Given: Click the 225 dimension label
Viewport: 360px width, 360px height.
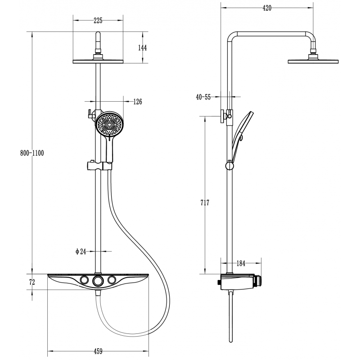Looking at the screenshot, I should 98,20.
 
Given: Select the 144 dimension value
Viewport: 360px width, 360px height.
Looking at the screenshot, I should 143,48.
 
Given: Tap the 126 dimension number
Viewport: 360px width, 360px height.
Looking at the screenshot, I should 137,102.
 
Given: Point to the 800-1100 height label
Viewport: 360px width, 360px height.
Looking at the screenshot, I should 32,153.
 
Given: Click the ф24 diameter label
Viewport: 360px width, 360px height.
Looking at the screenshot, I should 81,252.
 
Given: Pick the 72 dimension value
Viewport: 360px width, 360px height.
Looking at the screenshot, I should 32,282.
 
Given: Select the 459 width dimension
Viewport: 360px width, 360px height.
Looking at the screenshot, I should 98,351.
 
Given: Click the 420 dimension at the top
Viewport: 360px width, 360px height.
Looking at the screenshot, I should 267,9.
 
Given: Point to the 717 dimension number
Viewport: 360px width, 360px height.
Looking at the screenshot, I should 205,203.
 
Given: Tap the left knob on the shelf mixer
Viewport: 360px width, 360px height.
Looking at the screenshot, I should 84,281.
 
